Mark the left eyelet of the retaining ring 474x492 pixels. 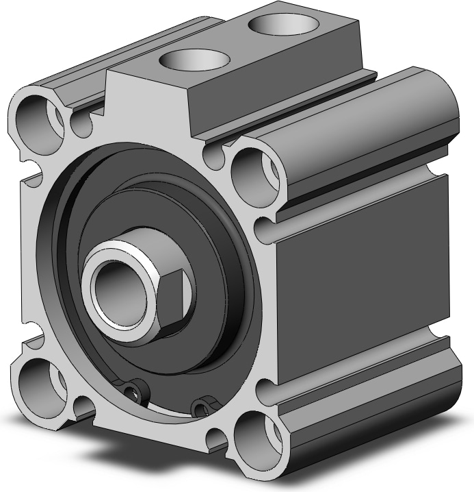(x=139, y=389)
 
